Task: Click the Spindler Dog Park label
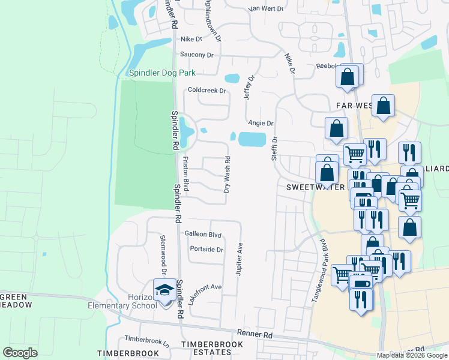[x=162, y=73]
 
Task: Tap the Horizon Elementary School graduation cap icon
[x=164, y=290]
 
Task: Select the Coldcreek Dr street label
[x=206, y=91]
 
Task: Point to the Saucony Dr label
[x=197, y=55]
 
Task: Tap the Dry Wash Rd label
[x=228, y=175]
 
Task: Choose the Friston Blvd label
[x=186, y=175]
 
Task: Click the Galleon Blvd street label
[x=203, y=235]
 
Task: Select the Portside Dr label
[x=206, y=250]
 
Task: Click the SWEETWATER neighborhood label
[x=315, y=187]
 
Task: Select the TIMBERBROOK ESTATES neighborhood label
[x=203, y=349]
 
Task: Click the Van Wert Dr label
[x=265, y=9]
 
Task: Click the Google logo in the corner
[x=20, y=353]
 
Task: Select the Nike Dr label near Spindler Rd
[x=192, y=39]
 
